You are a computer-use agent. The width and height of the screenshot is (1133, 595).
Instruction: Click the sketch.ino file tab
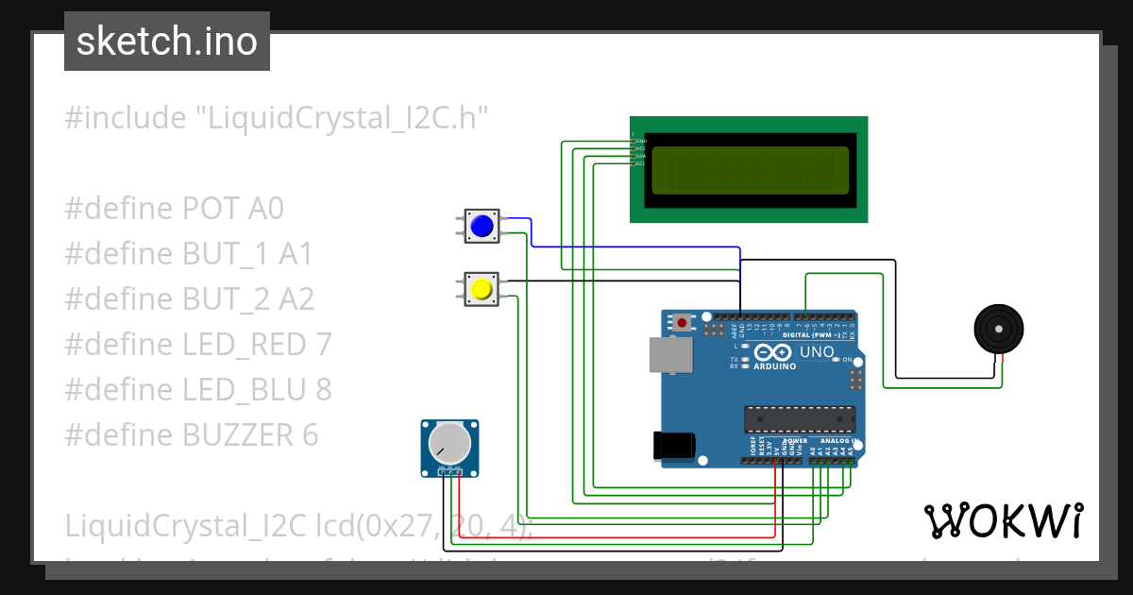(x=166, y=42)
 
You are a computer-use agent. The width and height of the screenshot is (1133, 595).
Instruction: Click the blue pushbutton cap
(x=482, y=227)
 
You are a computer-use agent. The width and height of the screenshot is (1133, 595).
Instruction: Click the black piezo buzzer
(x=999, y=329)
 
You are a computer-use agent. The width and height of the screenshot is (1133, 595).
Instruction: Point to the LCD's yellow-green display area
(x=750, y=171)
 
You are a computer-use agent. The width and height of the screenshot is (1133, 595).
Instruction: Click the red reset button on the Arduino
(x=683, y=323)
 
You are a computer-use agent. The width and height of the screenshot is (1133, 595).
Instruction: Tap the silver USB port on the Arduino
(x=669, y=354)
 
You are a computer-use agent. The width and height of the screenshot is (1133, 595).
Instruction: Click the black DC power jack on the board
(x=674, y=445)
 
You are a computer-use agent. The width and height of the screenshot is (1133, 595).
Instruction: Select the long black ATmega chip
(x=799, y=417)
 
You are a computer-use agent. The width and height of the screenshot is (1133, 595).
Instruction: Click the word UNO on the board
(x=817, y=352)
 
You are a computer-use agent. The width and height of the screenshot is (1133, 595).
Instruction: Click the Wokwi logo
(x=1003, y=520)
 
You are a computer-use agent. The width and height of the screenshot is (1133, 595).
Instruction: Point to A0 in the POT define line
(x=265, y=209)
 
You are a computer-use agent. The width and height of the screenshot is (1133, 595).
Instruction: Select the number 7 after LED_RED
(x=323, y=345)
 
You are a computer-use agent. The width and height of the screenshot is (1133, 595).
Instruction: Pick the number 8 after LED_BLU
(x=323, y=390)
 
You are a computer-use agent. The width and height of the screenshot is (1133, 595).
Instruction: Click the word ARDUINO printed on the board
(x=775, y=365)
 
